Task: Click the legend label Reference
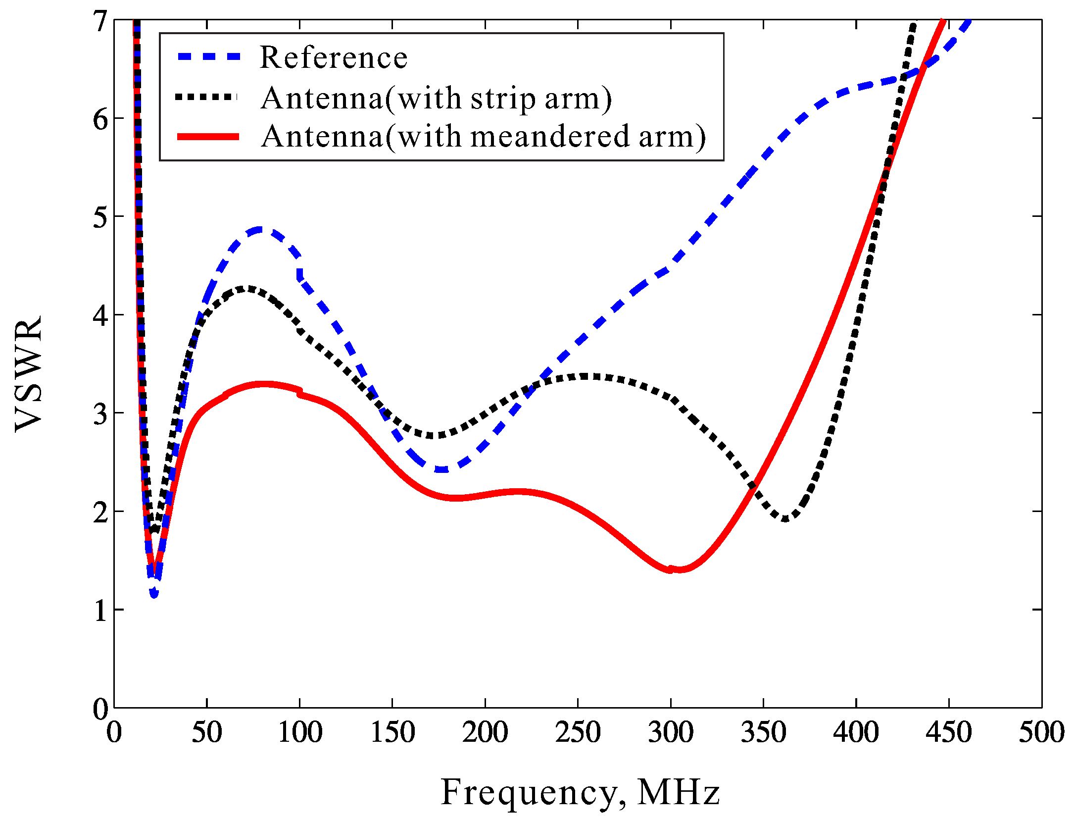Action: coord(333,57)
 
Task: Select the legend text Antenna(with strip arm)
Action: coord(436,98)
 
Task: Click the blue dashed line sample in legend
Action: coord(209,57)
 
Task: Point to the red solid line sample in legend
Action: coord(209,137)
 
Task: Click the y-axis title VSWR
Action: coord(28,374)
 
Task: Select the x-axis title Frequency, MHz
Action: coord(580,792)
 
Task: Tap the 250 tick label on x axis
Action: coord(578,732)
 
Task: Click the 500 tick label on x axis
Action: coord(1041,732)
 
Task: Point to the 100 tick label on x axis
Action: coord(300,732)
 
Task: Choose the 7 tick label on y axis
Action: coord(100,21)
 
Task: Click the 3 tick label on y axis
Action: coord(100,414)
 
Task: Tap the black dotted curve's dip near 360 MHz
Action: coord(785,519)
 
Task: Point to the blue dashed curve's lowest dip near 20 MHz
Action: coord(154,593)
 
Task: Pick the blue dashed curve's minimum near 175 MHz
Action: coord(442,469)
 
